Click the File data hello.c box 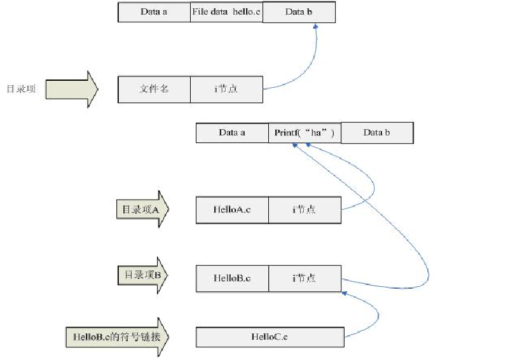(x=226, y=12)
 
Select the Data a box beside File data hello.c (x=154, y=12)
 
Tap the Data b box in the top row (x=298, y=12)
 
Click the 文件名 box (x=154, y=89)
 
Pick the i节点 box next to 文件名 (x=226, y=89)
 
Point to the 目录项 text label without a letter (x=21, y=89)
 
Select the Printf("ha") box (x=304, y=132)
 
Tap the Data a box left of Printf (x=232, y=132)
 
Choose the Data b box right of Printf (x=377, y=132)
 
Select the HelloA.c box (x=232, y=210)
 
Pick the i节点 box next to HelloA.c (x=304, y=210)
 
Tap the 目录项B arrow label (x=141, y=275)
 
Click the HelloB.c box (x=232, y=278)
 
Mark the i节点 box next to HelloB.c (x=304, y=278)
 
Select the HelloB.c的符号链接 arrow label (x=118, y=336)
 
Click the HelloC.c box (x=270, y=336)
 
